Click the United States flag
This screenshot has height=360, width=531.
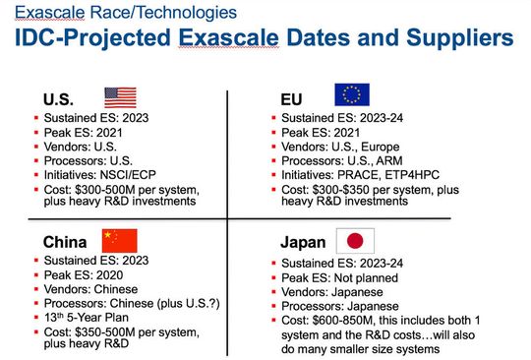tap(121, 97)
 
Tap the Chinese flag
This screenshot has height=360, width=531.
tap(121, 240)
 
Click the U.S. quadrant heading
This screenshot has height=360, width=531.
tap(60, 99)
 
